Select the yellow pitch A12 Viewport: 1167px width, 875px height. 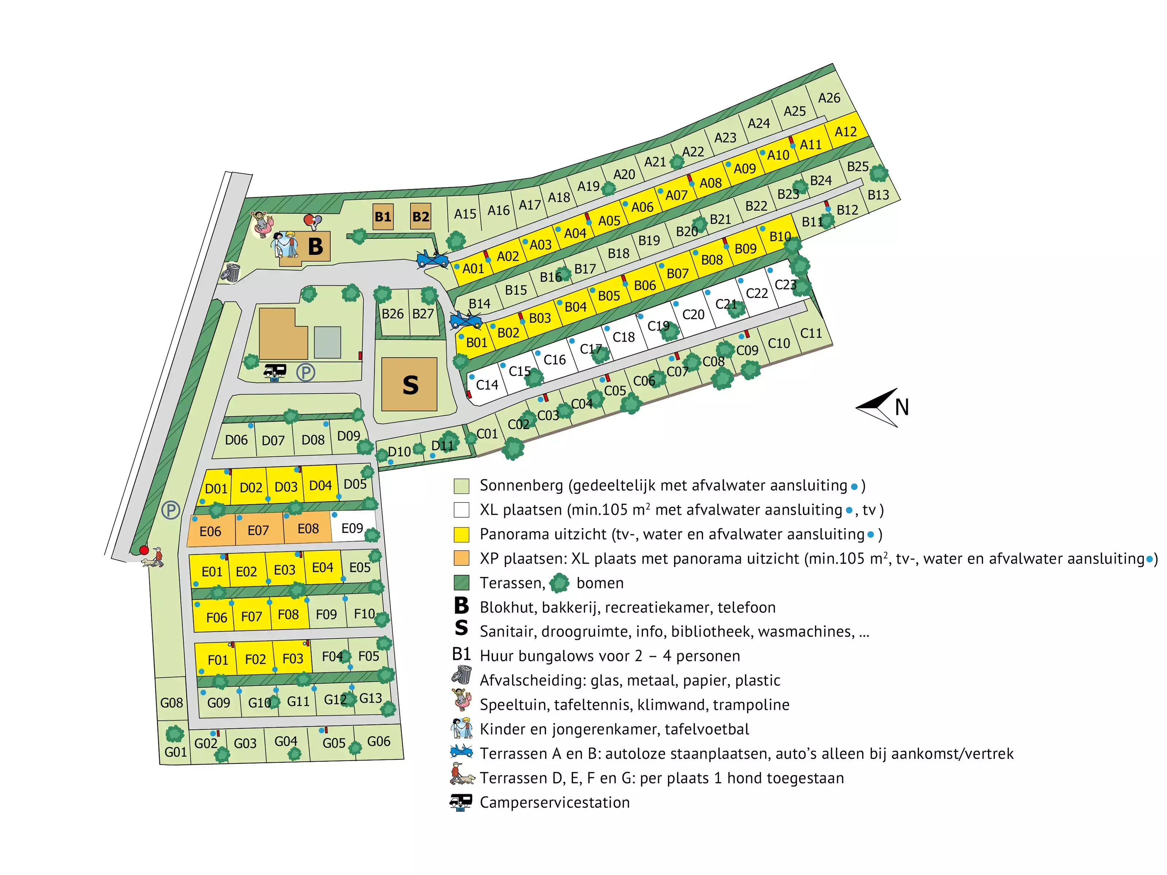pos(846,132)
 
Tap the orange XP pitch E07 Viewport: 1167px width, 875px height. pos(259,530)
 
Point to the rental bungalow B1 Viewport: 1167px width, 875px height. pos(383,216)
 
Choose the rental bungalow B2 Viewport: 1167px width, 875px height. pos(420,216)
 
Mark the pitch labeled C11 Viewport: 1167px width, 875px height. pos(811,333)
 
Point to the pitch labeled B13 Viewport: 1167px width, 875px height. pos(879,195)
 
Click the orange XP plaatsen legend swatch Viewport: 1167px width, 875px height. pos(462,558)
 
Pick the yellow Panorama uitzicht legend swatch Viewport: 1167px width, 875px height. pos(462,534)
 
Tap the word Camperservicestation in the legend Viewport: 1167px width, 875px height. pos(554,802)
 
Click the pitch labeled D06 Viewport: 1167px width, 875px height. pos(236,440)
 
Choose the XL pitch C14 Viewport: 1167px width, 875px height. pos(486,385)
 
